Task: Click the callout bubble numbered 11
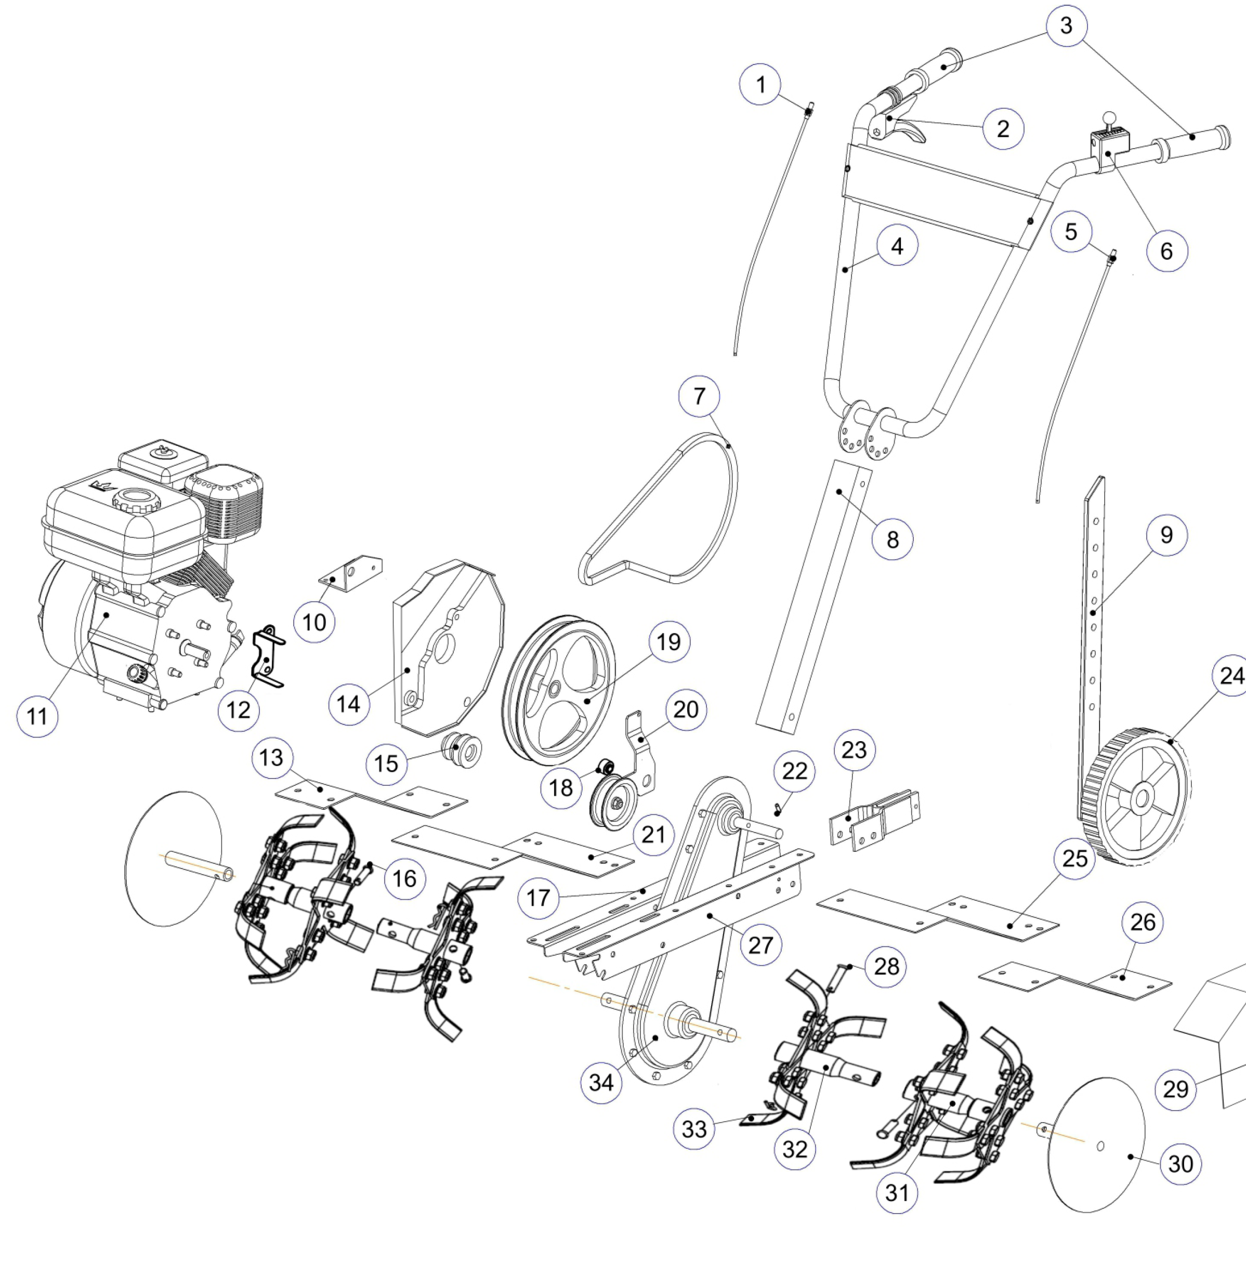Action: click(x=37, y=716)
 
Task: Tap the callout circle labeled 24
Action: click(x=1231, y=675)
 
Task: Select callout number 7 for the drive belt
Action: click(x=699, y=396)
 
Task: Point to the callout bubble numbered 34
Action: click(x=601, y=1082)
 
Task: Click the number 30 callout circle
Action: click(x=1181, y=1163)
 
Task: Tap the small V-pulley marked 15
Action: click(x=463, y=750)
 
